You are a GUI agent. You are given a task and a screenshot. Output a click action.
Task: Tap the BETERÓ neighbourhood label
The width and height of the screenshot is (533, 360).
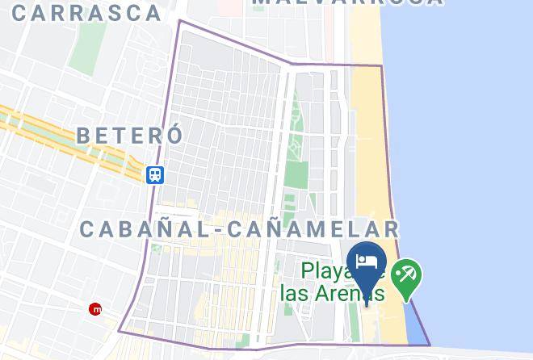point(130,135)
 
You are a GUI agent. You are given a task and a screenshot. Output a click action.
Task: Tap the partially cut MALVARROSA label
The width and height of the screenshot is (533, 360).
point(347,3)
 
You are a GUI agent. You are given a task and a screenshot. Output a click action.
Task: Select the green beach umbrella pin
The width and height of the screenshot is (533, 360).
point(405,278)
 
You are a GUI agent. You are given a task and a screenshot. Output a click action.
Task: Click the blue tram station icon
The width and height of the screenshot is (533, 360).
point(155,174)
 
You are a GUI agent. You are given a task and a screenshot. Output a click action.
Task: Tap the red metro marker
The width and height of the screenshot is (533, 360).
point(97,308)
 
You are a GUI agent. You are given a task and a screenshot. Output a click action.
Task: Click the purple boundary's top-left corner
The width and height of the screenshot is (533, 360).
point(178,20)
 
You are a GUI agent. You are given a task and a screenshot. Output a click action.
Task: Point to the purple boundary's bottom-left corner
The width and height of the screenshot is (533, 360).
point(120,330)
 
